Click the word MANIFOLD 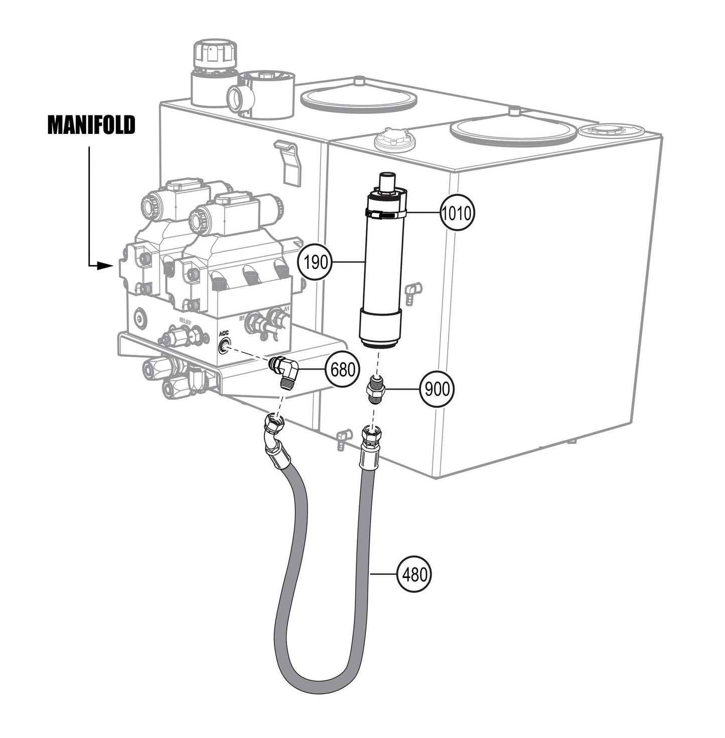tap(91, 125)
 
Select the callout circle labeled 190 tap(316, 262)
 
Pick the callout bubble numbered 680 tap(343, 370)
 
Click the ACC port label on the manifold tap(223, 333)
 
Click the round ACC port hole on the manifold tap(224, 346)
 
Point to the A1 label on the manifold tap(286, 309)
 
